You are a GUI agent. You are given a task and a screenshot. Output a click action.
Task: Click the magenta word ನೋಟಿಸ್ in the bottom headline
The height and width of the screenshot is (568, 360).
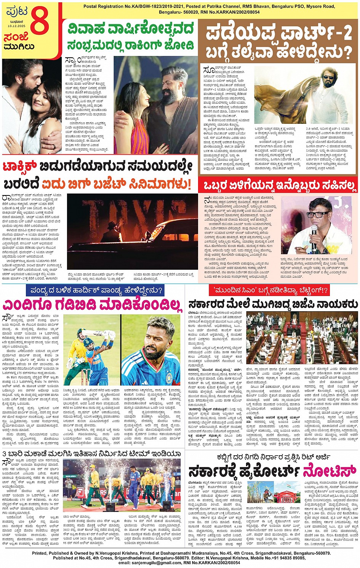click(330, 471)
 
